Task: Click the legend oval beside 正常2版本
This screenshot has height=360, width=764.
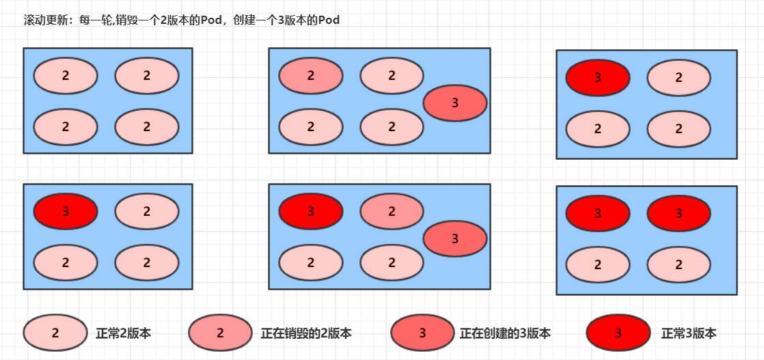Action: (x=55, y=333)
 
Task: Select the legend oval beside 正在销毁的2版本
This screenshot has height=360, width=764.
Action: (x=220, y=333)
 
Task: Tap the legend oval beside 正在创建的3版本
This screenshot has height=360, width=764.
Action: (x=422, y=333)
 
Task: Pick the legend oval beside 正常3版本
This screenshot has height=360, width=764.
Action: (x=618, y=333)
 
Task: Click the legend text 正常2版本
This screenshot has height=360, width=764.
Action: (x=124, y=333)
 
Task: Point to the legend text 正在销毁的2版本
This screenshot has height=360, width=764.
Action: (x=306, y=333)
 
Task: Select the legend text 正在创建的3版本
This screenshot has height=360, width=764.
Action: (x=505, y=333)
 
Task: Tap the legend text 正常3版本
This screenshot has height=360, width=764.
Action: (x=689, y=333)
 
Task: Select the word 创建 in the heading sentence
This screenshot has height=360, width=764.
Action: (x=244, y=20)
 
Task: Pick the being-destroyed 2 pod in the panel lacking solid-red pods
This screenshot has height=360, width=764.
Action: (x=311, y=76)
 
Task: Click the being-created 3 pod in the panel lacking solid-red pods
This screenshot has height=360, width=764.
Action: (x=455, y=103)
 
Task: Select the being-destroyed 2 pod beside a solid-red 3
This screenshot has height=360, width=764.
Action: (x=392, y=212)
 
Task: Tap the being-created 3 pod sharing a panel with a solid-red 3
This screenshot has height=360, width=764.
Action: (x=455, y=238)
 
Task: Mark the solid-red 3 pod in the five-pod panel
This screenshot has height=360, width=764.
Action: (x=311, y=212)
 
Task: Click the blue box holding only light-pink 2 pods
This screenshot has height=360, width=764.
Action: (x=107, y=100)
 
